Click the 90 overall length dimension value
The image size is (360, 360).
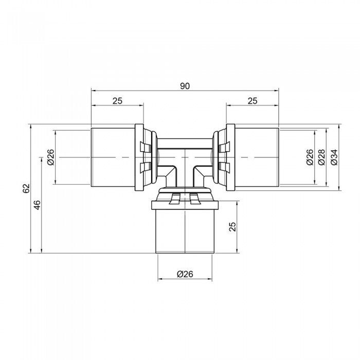coord(185,86)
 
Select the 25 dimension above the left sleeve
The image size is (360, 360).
coord(117,101)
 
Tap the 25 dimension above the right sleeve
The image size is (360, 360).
coord(252,101)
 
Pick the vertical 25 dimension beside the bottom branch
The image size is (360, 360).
coord(232,227)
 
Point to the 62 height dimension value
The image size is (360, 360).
coord(26,188)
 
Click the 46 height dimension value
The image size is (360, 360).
coord(37,206)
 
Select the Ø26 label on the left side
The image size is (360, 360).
coord(50,156)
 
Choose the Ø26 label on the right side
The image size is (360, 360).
coord(309,156)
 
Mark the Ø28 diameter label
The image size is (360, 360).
coord(321,156)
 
